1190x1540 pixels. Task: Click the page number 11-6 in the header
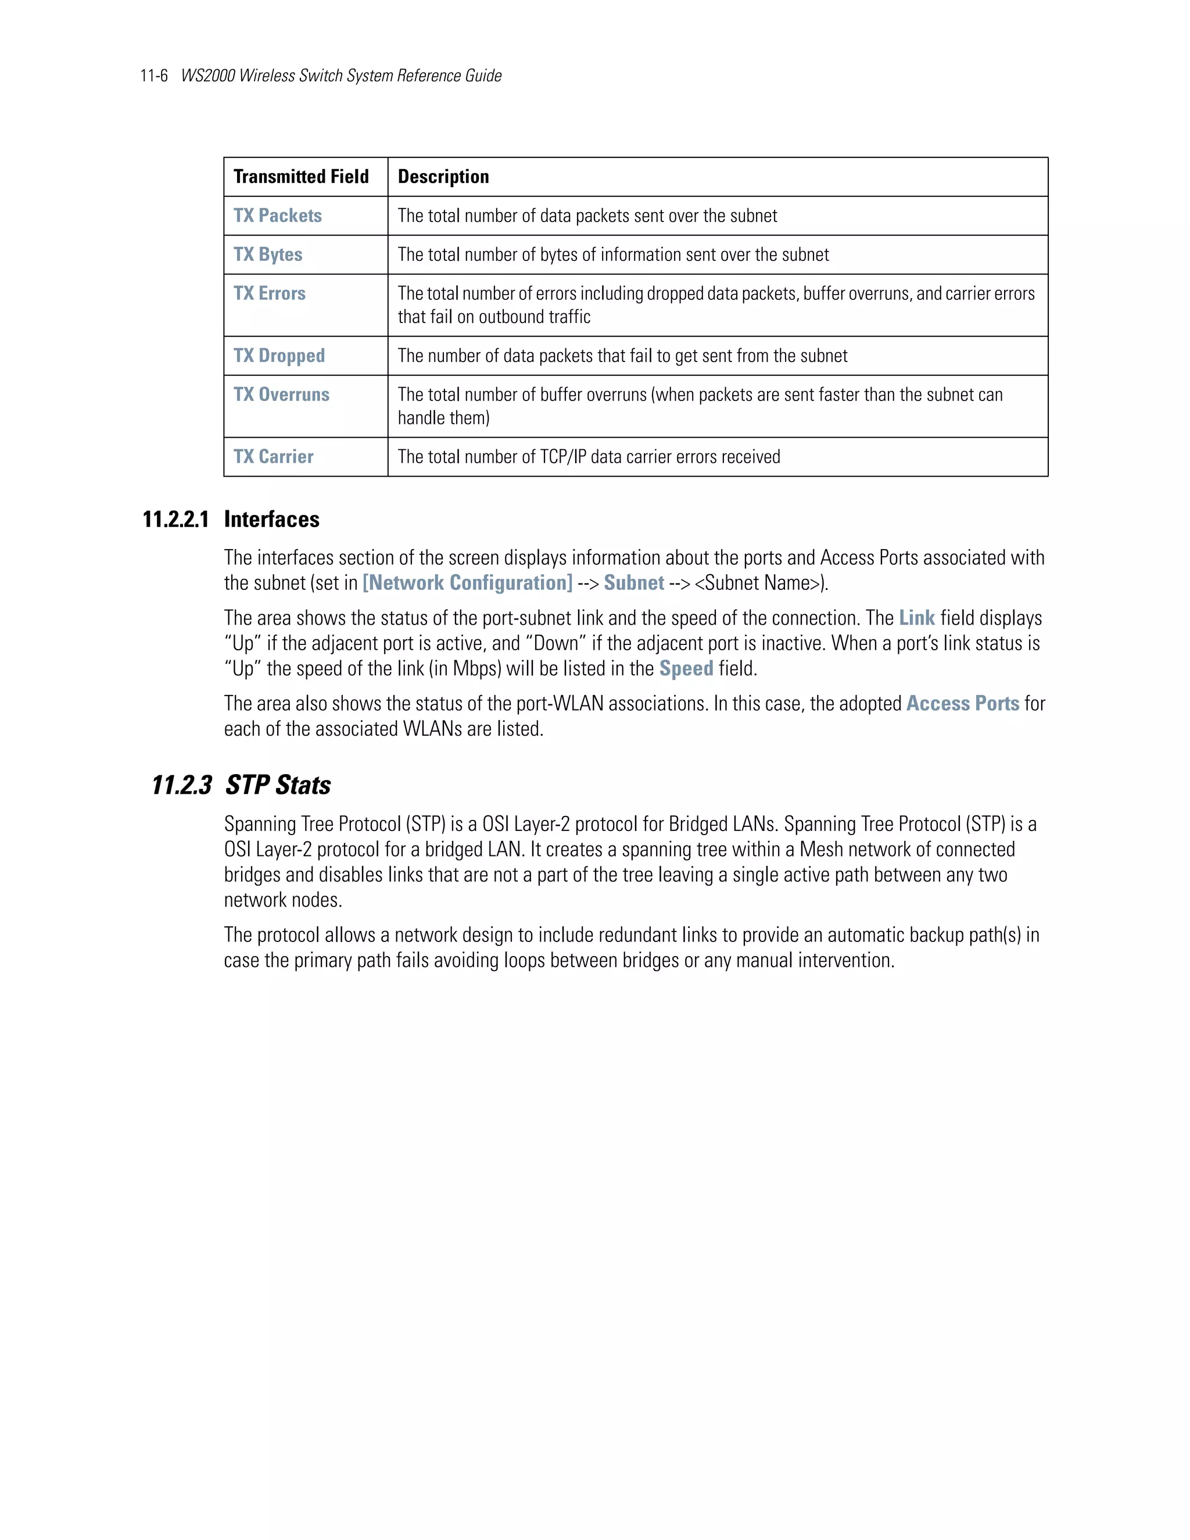pos(153,76)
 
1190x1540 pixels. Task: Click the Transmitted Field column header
pos(301,177)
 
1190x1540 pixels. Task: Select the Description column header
pos(443,177)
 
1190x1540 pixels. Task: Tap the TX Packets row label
pos(277,216)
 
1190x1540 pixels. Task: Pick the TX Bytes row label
pos(268,255)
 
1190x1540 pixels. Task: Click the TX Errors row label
pos(269,293)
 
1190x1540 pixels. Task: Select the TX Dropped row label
pos(279,356)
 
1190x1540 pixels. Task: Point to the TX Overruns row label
pos(281,394)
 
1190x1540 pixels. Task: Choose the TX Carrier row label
pos(274,457)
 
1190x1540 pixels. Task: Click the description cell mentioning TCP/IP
pos(589,457)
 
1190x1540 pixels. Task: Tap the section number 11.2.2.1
pos(175,520)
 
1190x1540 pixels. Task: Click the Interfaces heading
pos(271,520)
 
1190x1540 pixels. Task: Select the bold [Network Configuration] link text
pos(467,583)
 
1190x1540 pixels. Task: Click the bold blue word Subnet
pos(634,583)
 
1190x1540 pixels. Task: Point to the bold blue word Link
pos(916,618)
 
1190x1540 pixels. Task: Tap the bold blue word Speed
pos(686,668)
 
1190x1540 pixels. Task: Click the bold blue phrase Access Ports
pos(962,704)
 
